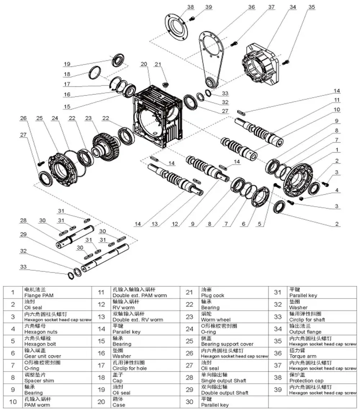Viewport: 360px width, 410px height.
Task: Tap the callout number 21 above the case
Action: tap(157, 64)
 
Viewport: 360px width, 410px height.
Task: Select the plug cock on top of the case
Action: tap(166, 85)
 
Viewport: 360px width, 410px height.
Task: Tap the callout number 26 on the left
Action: tap(23, 118)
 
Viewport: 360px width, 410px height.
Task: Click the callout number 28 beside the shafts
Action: tap(23, 220)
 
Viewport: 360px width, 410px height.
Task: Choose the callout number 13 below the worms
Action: tap(154, 224)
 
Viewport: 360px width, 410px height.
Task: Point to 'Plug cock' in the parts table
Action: tap(212, 295)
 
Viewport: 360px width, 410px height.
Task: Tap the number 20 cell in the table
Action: tap(101, 402)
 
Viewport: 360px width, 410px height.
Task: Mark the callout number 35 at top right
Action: tap(311, 7)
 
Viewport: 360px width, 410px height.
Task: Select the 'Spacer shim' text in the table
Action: tap(39, 381)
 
